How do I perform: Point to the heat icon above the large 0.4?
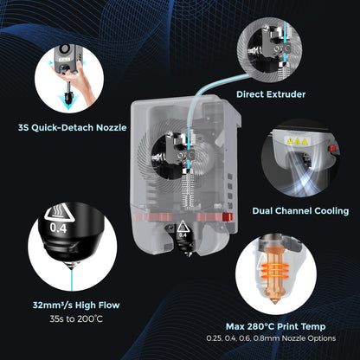pos(57,213)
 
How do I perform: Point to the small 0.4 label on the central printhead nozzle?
pos(183,233)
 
